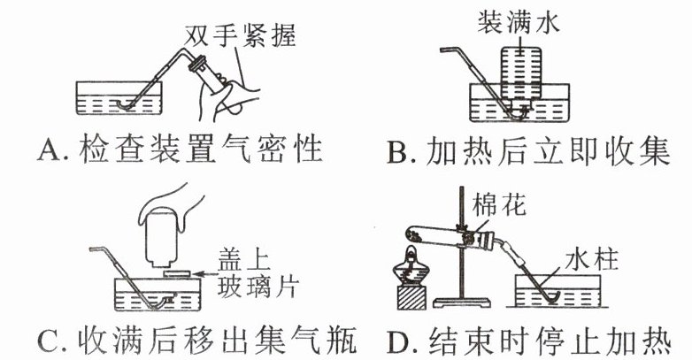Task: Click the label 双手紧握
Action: pyautogui.click(x=239, y=35)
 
